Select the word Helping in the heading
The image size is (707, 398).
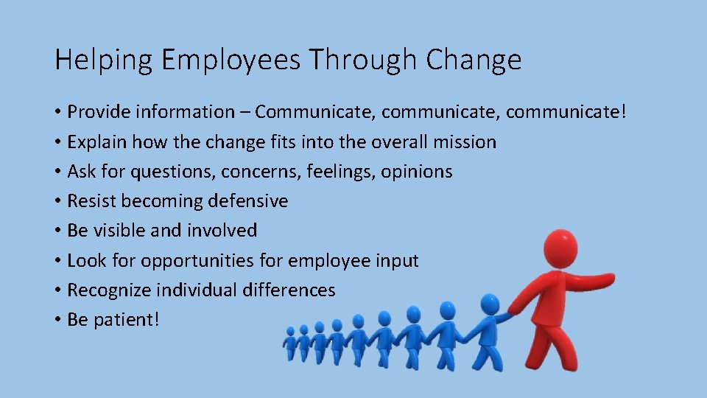pos(103,60)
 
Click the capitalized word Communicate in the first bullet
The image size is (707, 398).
pos(312,112)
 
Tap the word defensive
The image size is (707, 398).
pos(248,201)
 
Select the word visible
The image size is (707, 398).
pos(119,231)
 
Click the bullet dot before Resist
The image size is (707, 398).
pos(57,201)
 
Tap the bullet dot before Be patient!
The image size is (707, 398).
pos(57,320)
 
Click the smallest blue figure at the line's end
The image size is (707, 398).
pos(290,343)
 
